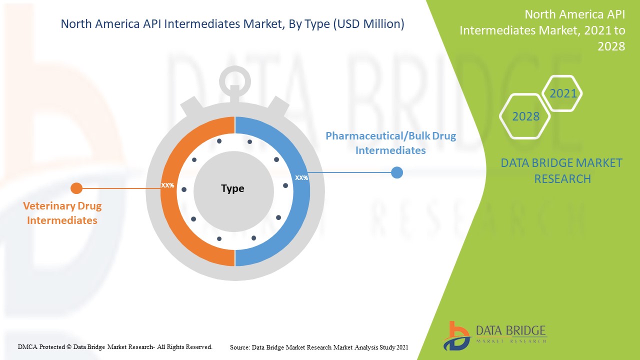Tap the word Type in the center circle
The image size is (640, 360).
pos(232,188)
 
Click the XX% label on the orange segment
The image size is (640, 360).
pos(167,185)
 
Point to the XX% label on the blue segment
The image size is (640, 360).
pos(301,178)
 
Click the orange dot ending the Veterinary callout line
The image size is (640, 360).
pos(76,188)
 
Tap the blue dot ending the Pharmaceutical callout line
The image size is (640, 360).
pos(397,172)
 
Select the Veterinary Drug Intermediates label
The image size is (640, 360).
pos(62,213)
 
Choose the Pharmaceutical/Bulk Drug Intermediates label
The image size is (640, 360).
pos(390,143)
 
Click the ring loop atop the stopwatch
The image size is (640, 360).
pos(235,70)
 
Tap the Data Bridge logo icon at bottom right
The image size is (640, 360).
pos(456,336)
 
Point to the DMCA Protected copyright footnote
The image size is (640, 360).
pos(115,347)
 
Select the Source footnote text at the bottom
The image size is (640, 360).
pos(319,347)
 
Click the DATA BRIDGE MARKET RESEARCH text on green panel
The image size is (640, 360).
pos(561,171)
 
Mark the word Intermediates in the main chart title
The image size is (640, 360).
pos(202,24)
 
